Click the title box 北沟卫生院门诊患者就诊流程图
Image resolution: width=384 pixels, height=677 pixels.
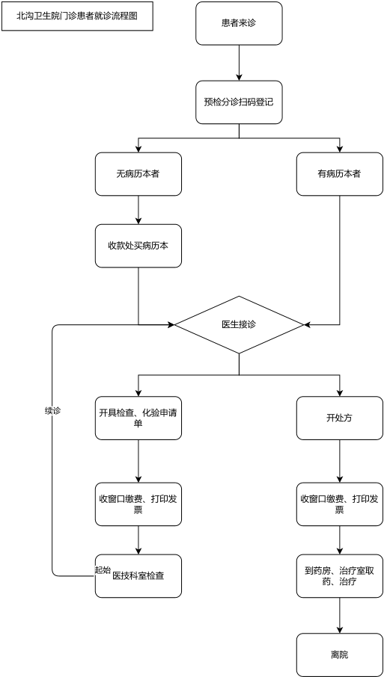click(77, 16)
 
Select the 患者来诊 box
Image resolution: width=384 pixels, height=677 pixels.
click(239, 23)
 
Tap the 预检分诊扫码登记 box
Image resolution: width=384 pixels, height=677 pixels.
click(239, 102)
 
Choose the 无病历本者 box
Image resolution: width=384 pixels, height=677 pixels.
click(138, 174)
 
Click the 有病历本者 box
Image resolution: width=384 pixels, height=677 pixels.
click(339, 174)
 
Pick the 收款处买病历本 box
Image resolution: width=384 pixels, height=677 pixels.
click(138, 246)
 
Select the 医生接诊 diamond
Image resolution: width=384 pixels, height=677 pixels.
click(239, 325)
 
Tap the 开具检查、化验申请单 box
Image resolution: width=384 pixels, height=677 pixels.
click(138, 418)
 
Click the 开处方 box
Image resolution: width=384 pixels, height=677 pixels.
click(339, 418)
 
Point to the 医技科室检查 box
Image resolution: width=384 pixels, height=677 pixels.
click(138, 576)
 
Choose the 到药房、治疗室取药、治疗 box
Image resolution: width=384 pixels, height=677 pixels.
click(339, 576)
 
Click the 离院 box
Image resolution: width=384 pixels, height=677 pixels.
click(339, 655)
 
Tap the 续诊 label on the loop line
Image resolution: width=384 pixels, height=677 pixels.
click(52, 410)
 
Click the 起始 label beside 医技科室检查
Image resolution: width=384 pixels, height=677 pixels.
click(103, 570)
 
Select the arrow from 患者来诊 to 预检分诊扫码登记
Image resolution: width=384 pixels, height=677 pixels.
click(239, 63)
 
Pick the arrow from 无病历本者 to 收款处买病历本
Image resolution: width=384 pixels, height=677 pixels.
click(138, 210)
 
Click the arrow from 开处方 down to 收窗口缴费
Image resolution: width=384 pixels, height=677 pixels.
click(339, 461)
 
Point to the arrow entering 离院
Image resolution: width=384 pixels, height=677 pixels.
click(339, 615)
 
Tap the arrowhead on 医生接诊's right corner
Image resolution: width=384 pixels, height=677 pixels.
click(308, 325)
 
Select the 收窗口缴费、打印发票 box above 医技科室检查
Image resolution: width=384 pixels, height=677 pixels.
click(138, 504)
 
